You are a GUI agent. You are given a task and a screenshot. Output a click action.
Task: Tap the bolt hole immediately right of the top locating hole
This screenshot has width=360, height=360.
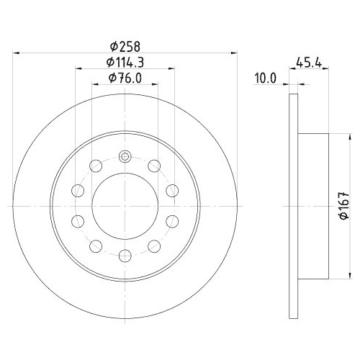click(x=153, y=166)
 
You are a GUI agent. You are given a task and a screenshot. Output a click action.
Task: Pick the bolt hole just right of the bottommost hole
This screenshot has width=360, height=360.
click(x=153, y=244)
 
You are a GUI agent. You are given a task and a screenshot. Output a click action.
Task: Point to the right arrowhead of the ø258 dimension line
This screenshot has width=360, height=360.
click(x=232, y=53)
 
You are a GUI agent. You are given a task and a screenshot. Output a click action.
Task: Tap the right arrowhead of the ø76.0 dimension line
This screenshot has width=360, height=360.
click(x=155, y=85)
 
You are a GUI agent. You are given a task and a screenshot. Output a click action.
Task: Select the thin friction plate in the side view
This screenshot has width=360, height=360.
click(x=292, y=206)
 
